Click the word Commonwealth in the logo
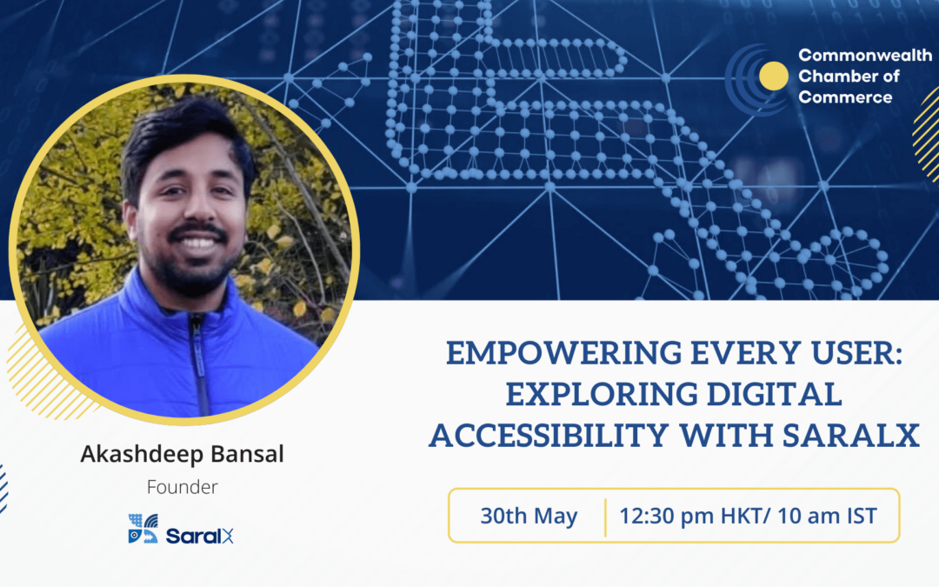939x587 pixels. (x=865, y=56)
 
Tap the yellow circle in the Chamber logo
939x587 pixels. (x=773, y=76)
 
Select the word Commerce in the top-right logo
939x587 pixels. (x=845, y=97)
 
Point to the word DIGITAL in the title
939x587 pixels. (x=775, y=394)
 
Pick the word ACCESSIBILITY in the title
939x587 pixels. (x=549, y=436)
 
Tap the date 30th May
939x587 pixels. (x=529, y=516)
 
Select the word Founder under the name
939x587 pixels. (x=182, y=487)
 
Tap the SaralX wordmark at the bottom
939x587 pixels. (x=199, y=536)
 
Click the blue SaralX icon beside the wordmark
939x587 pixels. (x=143, y=529)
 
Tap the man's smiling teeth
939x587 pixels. (x=198, y=243)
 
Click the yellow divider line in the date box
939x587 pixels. (x=605, y=517)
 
